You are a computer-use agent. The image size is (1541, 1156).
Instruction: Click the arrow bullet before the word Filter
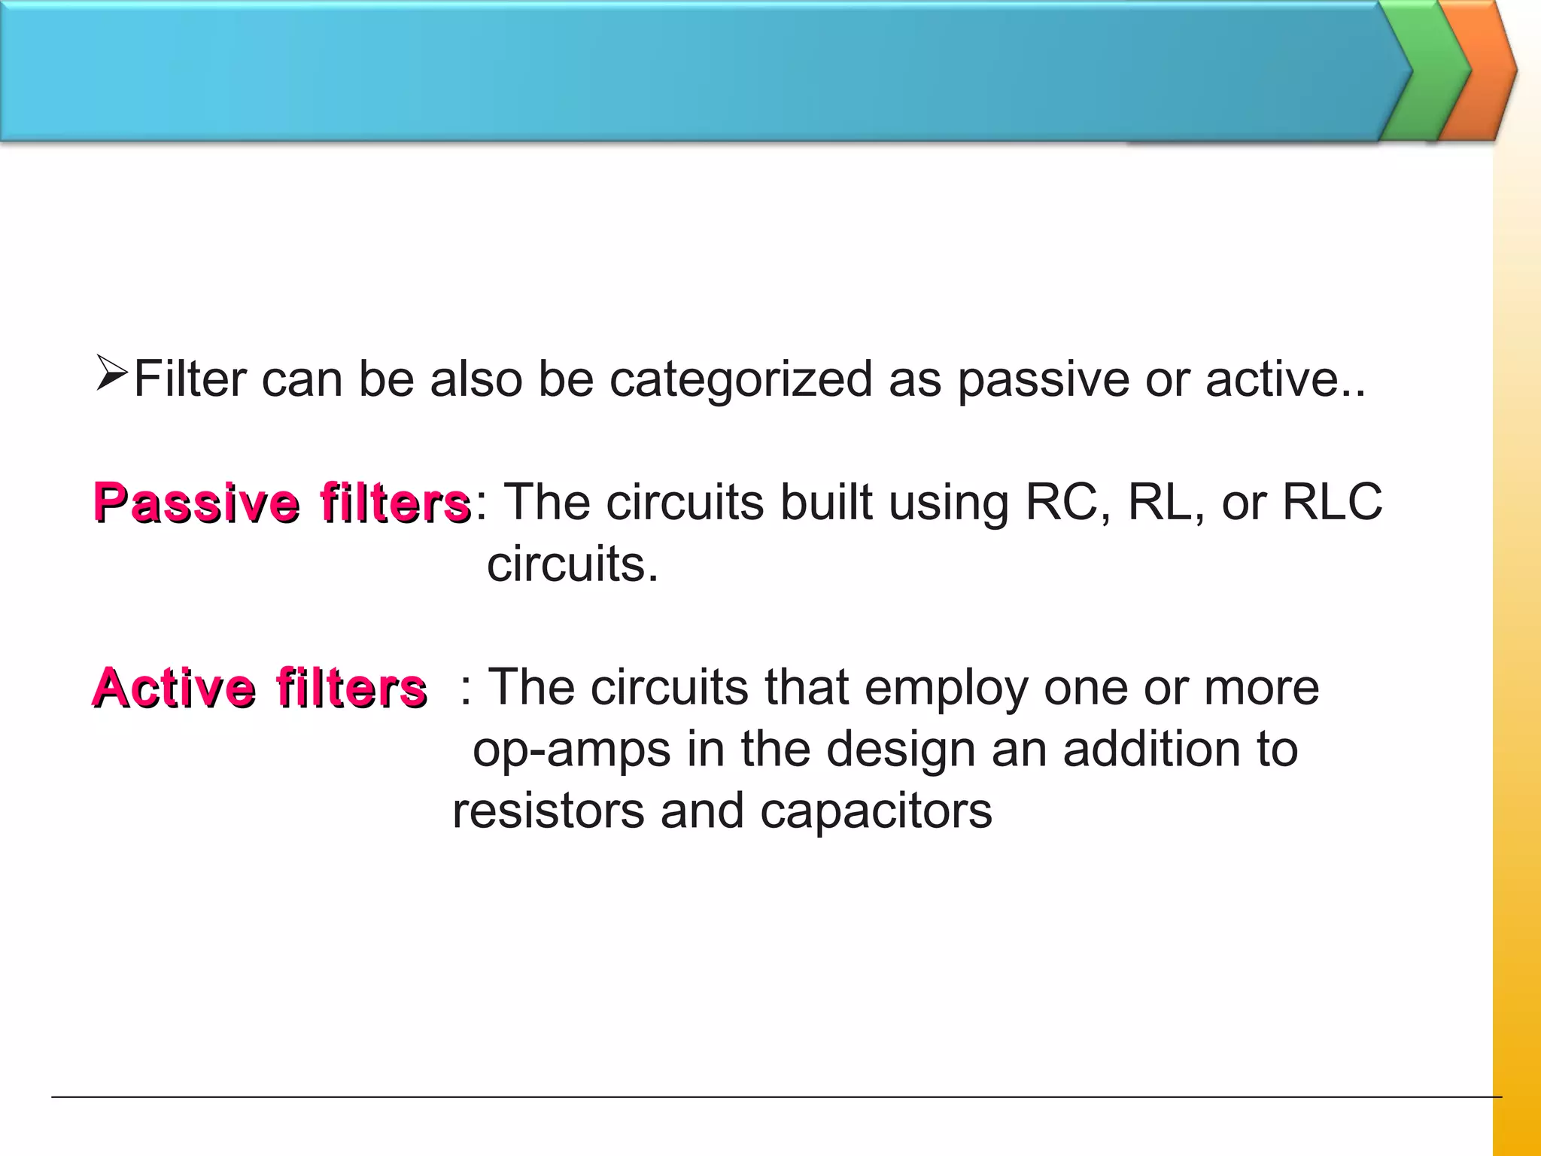tap(112, 374)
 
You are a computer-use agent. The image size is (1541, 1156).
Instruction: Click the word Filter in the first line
tap(190, 379)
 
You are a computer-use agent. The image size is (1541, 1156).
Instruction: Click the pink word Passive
tap(196, 503)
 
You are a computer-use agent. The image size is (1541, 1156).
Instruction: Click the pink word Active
tap(174, 688)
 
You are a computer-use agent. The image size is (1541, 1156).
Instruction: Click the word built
tap(826, 502)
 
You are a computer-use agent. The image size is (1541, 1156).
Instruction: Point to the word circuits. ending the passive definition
tap(572, 564)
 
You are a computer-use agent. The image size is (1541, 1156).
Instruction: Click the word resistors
tap(548, 811)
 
